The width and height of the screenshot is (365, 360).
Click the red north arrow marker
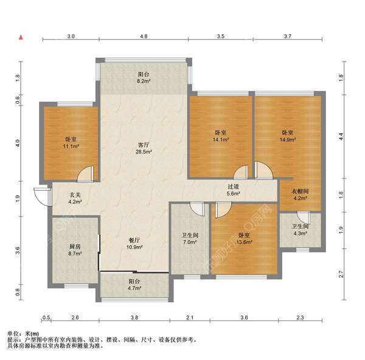[21, 37]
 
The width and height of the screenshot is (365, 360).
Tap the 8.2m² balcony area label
[144, 82]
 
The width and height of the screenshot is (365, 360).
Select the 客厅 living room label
[144, 145]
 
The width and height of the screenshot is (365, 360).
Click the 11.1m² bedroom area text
[71, 146]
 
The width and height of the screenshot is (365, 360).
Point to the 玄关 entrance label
[75, 195]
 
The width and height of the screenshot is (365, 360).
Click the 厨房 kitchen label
[75, 247]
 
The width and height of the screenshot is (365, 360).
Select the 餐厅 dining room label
[134, 240]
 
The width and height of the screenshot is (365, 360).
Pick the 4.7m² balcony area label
[134, 288]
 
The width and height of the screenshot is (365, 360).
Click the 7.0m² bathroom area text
[190, 242]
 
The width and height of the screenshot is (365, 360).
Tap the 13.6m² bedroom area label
[245, 242]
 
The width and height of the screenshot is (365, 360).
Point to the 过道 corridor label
[233, 186]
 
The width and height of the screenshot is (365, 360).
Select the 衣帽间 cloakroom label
[301, 191]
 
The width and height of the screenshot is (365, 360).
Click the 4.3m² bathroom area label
[301, 233]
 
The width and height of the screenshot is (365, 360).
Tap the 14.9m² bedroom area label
[288, 139]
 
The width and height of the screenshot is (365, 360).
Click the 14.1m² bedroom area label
[221, 139]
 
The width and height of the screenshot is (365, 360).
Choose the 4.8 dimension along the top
[144, 36]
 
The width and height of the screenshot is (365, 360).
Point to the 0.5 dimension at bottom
[47, 317]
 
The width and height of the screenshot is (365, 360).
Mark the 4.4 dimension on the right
[341, 136]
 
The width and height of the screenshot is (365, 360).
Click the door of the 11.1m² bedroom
[85, 174]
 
